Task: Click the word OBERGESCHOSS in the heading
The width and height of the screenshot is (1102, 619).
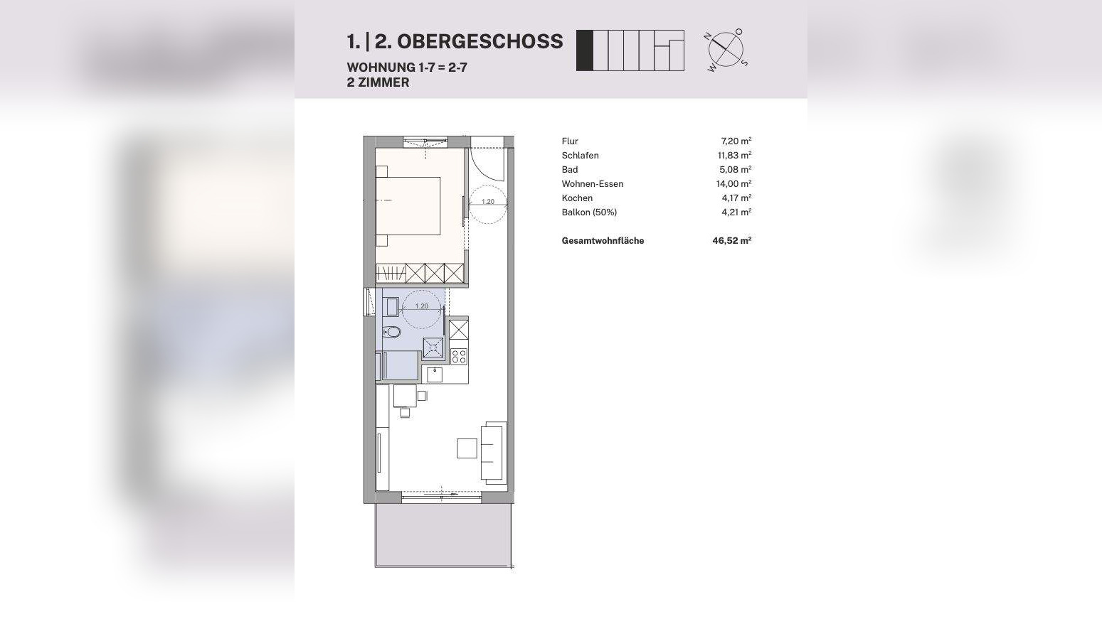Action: pyautogui.click(x=480, y=42)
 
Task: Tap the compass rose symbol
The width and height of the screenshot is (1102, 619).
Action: pyautogui.click(x=726, y=49)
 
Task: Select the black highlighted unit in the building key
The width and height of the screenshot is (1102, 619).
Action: pyautogui.click(x=584, y=50)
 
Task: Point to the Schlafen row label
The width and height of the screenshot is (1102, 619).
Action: pyautogui.click(x=580, y=156)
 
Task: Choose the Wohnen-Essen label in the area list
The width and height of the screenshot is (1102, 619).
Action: pyautogui.click(x=592, y=184)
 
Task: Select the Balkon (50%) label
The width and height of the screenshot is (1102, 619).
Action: pyautogui.click(x=589, y=212)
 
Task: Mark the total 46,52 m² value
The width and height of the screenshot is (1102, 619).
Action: pyautogui.click(x=732, y=241)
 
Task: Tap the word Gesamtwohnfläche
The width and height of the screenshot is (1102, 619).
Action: pyautogui.click(x=603, y=241)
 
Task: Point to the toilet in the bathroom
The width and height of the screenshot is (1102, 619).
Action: pyautogui.click(x=392, y=332)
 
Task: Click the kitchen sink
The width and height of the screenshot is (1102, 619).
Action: pyautogui.click(x=435, y=373)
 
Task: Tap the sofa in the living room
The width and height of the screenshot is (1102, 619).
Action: pyautogui.click(x=493, y=451)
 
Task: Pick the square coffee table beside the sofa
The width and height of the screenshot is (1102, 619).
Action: pyautogui.click(x=467, y=448)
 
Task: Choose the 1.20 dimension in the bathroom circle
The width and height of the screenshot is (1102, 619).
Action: pyautogui.click(x=422, y=306)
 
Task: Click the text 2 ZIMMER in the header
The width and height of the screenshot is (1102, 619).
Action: pyautogui.click(x=378, y=82)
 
